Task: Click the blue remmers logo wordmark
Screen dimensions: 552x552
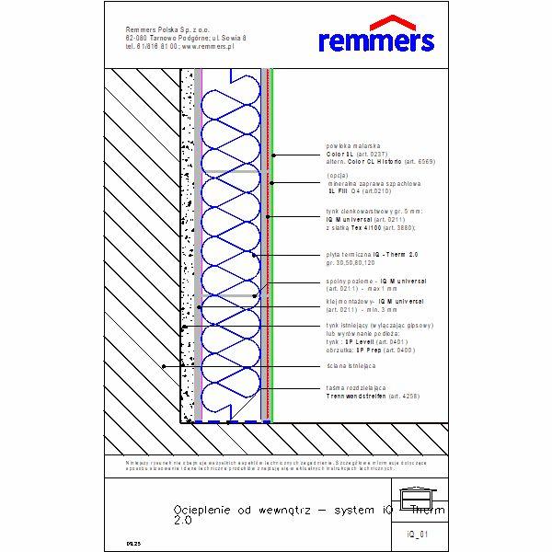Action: (375, 40)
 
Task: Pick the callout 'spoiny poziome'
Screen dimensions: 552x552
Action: (351, 281)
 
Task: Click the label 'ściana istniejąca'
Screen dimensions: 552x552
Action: (348, 366)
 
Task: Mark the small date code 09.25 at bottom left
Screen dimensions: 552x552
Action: (133, 545)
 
